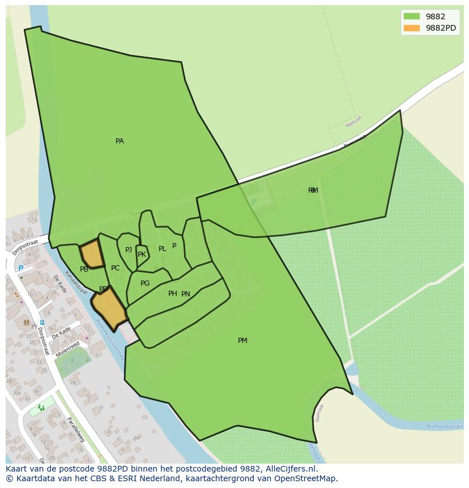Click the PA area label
tap(120, 141)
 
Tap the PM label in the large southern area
tap(242, 341)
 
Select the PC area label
tap(116, 268)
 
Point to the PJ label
tap(129, 250)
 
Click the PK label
tap(142, 254)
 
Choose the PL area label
tap(163, 249)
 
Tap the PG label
tap(145, 283)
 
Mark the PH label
tap(172, 294)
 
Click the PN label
tap(186, 294)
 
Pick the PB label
tap(84, 270)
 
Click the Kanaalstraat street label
tap(75, 282)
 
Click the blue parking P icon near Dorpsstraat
tap(21, 269)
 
